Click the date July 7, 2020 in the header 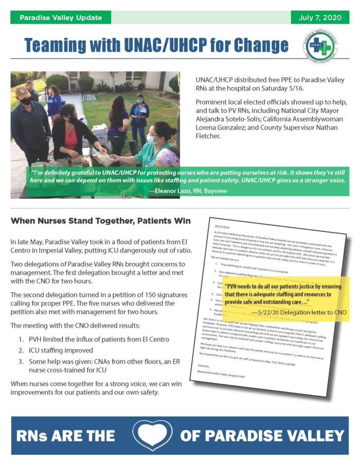coord(320,17)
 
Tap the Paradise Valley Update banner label coord(60,17)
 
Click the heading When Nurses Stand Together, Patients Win coord(101,221)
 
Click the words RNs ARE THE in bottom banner coord(66,436)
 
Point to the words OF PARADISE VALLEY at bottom coord(262,436)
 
